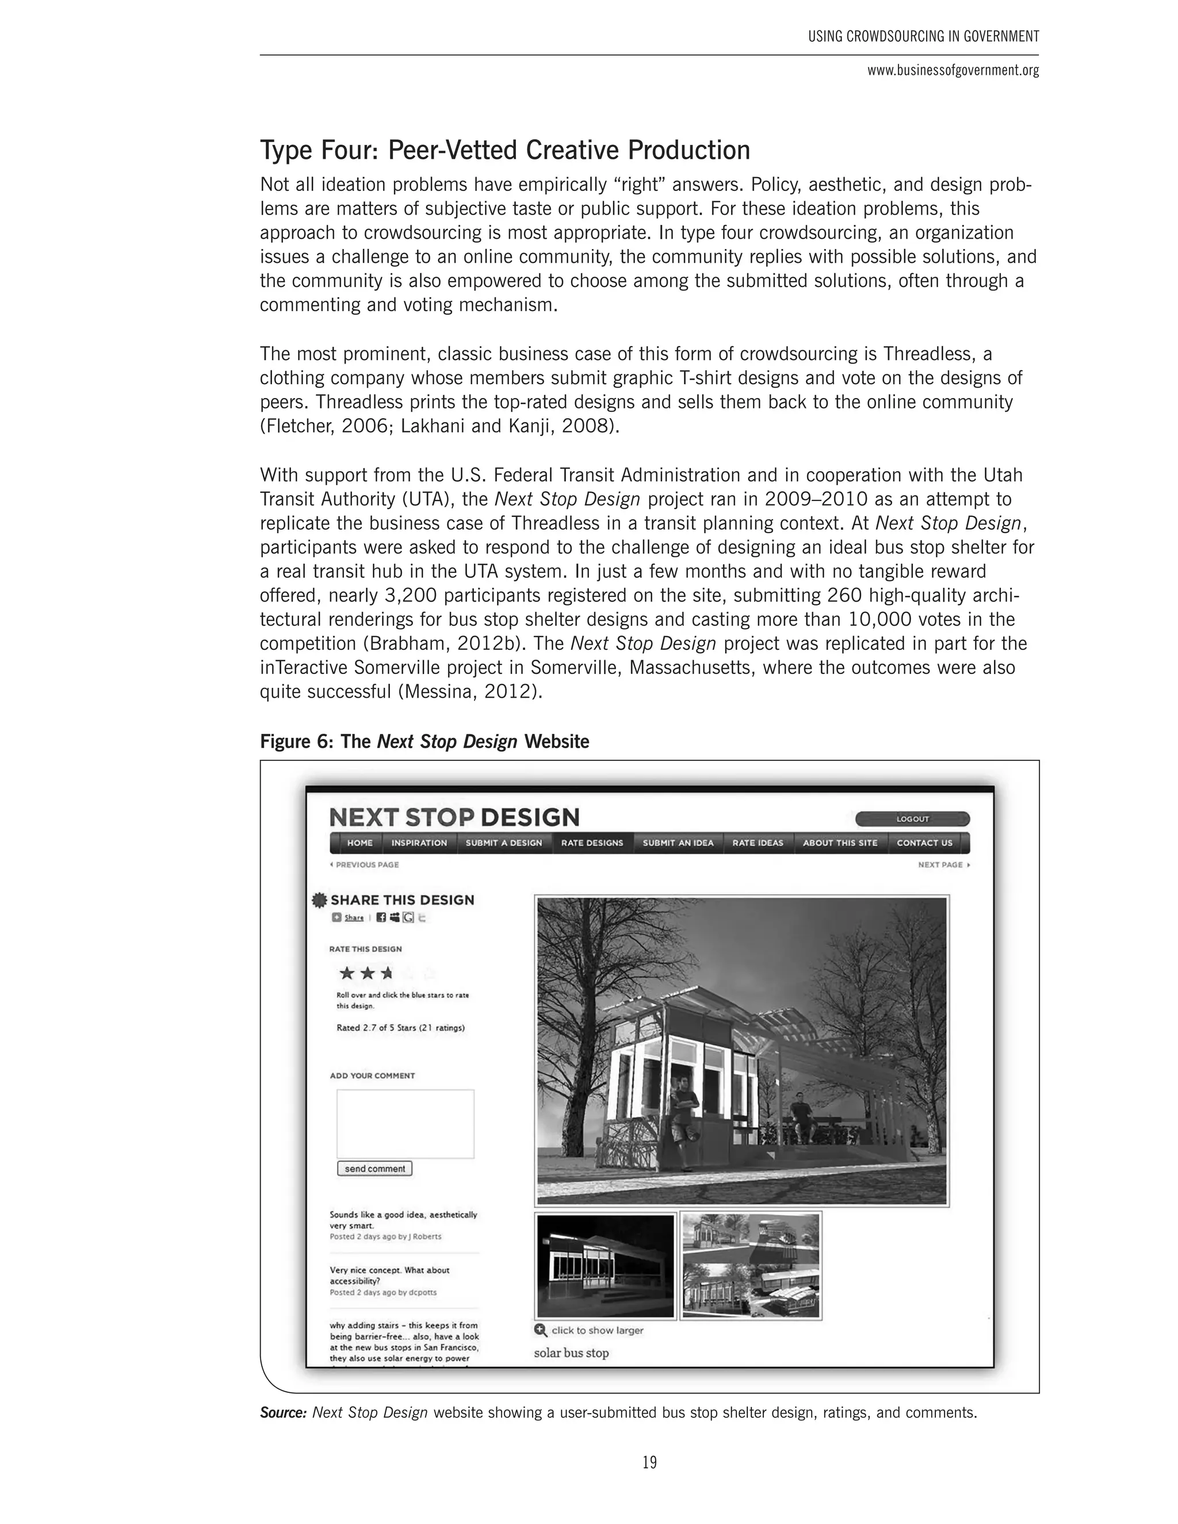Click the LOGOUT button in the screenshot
(912, 818)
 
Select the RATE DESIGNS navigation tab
(592, 843)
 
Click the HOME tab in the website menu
(360, 843)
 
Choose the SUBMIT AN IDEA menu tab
(678, 843)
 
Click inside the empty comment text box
(406, 1124)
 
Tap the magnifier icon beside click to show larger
(541, 1330)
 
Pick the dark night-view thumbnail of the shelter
(606, 1266)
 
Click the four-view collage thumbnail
(751, 1266)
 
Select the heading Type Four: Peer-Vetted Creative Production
(504, 150)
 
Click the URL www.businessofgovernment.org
(953, 71)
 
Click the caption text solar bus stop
(571, 1353)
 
